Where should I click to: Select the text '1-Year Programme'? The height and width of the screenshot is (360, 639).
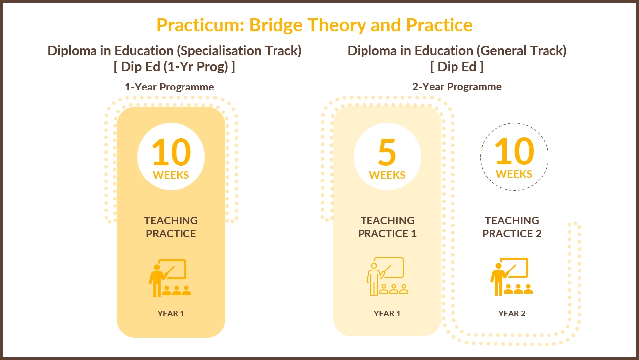(170, 87)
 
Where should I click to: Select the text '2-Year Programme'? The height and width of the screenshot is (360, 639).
(456, 87)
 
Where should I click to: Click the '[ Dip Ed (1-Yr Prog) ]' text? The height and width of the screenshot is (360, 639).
(175, 67)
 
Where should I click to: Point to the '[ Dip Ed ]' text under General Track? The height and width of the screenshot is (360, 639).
(456, 67)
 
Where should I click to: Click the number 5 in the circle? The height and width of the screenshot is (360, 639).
(387, 152)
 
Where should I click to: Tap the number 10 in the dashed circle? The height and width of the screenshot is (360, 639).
(514, 151)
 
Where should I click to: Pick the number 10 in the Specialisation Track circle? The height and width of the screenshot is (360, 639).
(171, 152)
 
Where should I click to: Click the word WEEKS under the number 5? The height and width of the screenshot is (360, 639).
(387, 175)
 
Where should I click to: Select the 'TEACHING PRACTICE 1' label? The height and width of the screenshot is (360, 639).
(387, 227)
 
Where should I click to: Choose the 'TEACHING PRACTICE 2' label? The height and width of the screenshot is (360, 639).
(512, 227)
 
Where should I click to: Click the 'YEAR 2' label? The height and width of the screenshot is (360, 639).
(512, 313)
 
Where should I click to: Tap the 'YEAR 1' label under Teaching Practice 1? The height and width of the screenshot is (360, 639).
(387, 313)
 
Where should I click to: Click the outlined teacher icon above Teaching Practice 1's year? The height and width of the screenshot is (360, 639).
(387, 276)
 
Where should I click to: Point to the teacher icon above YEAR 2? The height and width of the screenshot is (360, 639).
(512, 276)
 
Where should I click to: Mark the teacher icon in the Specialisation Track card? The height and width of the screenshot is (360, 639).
(170, 278)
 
